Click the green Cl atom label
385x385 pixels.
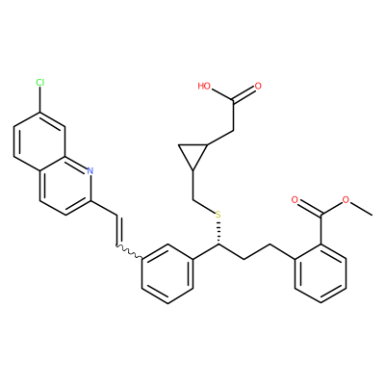tap(40, 83)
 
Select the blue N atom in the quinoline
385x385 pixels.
tap(90, 170)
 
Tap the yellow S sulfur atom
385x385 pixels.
tap(218, 215)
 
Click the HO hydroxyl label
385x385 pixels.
tap(204, 86)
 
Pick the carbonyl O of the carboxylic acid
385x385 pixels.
tap(258, 86)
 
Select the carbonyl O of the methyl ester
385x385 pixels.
tap(295, 200)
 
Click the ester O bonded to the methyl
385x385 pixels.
tap(346, 200)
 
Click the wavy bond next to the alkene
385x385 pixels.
tap(129, 252)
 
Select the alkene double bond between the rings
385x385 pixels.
tap(117, 230)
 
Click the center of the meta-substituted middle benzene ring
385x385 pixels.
tap(167, 273)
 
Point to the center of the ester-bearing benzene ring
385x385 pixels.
tap(321, 273)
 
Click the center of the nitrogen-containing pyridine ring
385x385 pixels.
tap(65, 186)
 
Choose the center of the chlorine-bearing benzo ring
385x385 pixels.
tap(39, 141)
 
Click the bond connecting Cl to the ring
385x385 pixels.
tap(40, 99)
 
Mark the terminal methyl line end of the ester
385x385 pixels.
tap(372, 215)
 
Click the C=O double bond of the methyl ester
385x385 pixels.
tap(308, 209)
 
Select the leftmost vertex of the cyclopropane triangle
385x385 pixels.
tap(179, 145)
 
